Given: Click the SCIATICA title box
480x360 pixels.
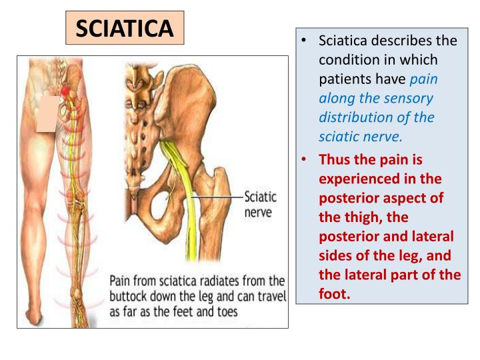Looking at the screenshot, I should (x=125, y=28).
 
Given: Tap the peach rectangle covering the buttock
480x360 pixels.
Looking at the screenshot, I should (x=47, y=114).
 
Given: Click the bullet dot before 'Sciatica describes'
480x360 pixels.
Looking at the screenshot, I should (x=303, y=41).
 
